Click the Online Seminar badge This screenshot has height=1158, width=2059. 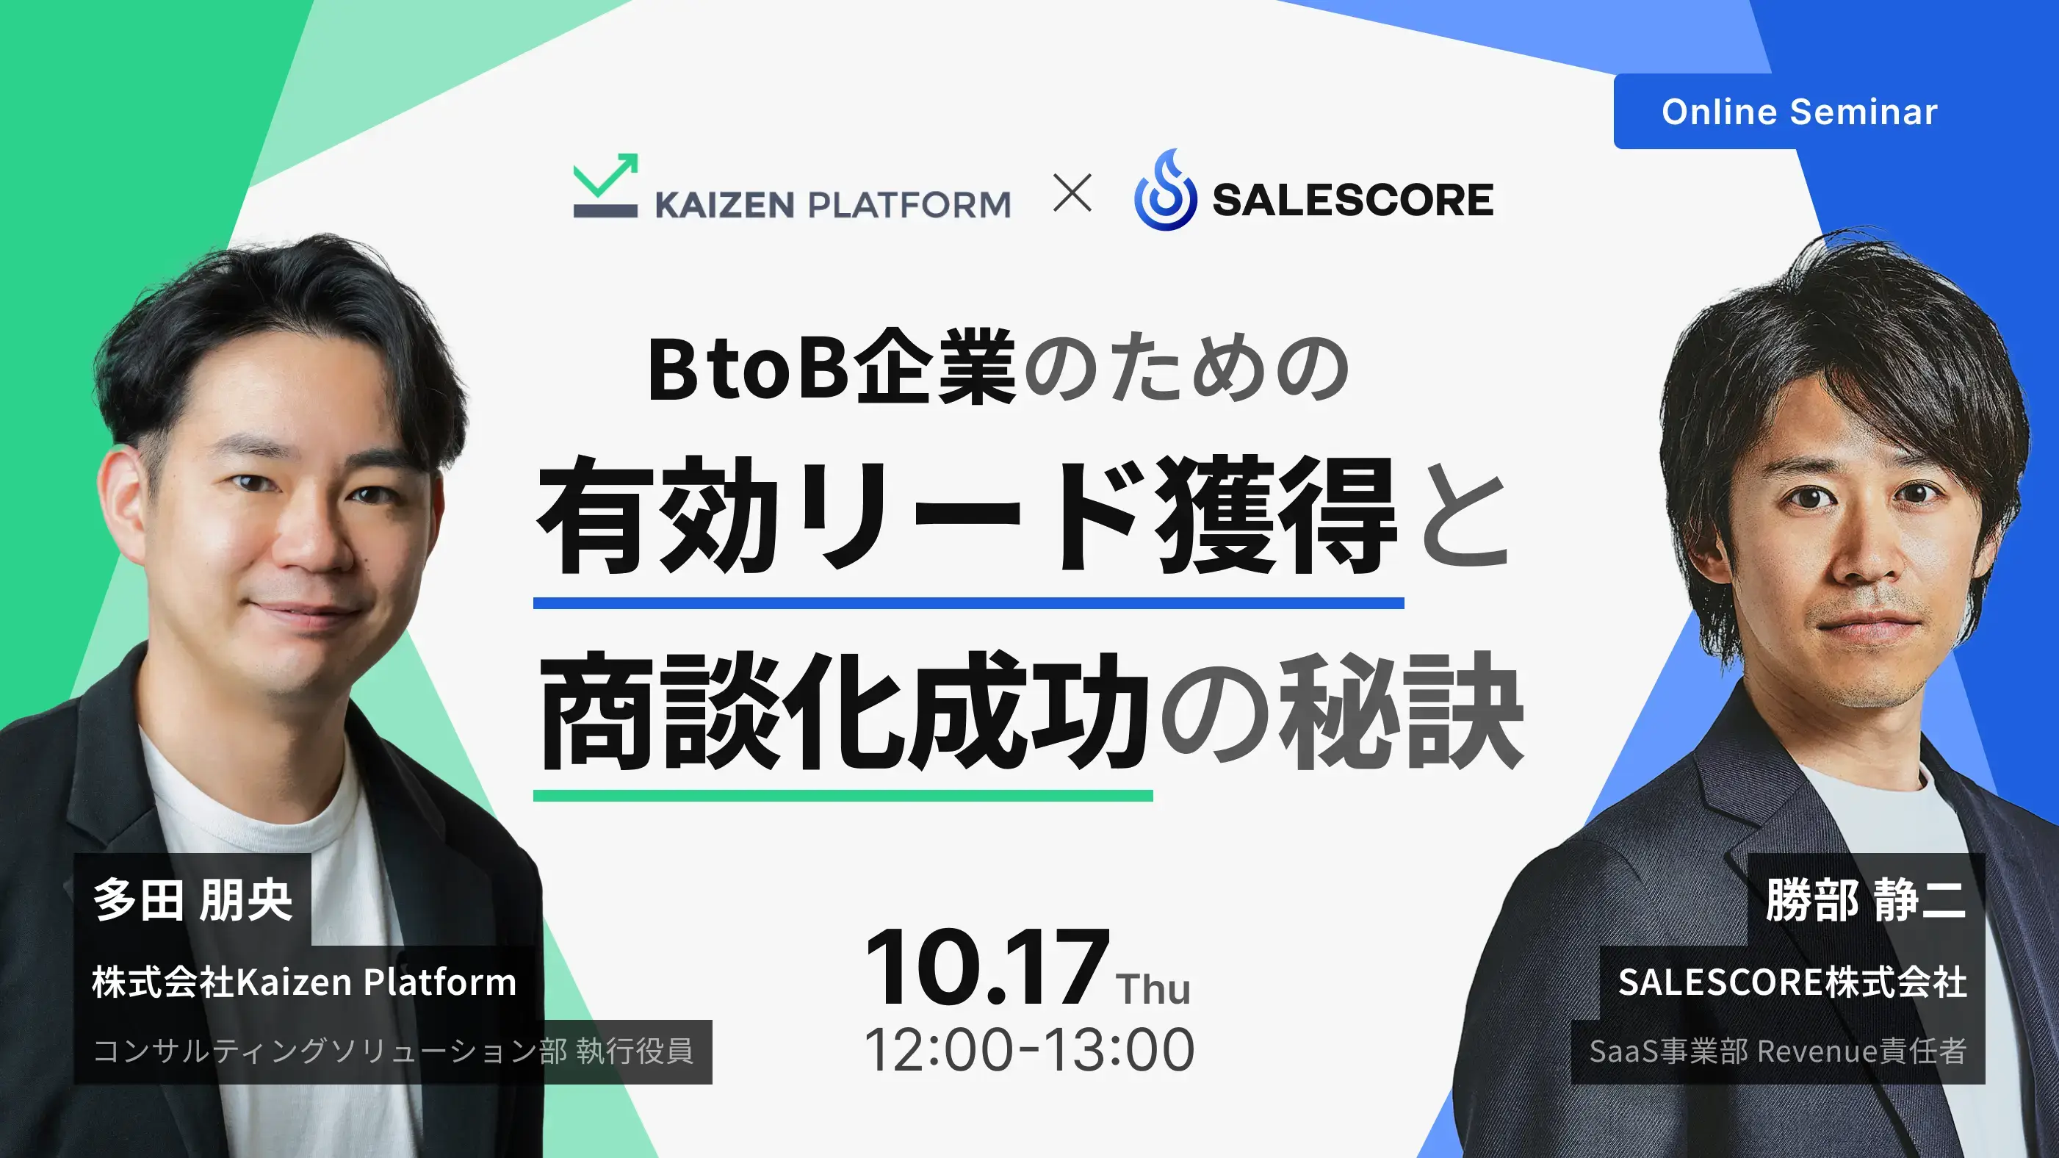[x=1799, y=111]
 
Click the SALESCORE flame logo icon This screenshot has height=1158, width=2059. [x=1165, y=190]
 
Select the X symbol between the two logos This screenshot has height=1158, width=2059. [x=1072, y=193]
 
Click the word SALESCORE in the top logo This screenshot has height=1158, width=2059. [x=1352, y=200]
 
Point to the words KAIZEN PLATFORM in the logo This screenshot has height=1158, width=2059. [x=833, y=205]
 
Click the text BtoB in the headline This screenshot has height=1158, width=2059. [x=747, y=370]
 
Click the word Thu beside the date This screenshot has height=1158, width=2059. [x=1153, y=988]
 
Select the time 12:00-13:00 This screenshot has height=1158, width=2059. [x=1030, y=1050]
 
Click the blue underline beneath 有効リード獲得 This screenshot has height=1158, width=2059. [x=969, y=603]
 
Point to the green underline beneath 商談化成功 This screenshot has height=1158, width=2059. [x=843, y=795]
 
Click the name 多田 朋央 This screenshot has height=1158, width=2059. [x=192, y=899]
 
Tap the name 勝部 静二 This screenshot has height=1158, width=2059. [x=1866, y=899]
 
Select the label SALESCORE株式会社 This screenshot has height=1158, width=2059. [x=1792, y=982]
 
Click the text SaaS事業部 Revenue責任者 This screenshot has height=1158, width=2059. [x=1778, y=1051]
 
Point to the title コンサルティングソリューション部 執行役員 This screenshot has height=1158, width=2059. [x=393, y=1051]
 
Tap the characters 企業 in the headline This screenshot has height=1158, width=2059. [x=933, y=369]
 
